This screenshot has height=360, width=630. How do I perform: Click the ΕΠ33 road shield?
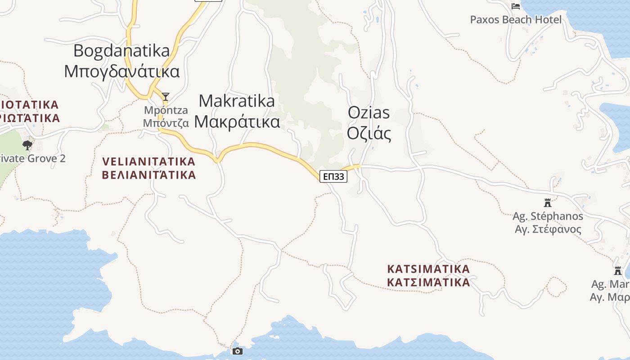tap(333, 176)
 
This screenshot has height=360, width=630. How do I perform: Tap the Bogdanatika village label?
tap(121, 51)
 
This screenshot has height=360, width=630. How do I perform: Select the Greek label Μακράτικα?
tap(237, 122)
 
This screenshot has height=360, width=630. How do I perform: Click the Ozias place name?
tap(369, 113)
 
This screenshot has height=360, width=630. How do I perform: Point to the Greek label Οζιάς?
tap(369, 134)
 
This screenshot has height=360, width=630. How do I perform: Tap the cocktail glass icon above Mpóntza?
tap(166, 96)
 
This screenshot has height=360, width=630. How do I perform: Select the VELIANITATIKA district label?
tap(149, 161)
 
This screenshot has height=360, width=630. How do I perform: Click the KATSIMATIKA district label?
tap(428, 269)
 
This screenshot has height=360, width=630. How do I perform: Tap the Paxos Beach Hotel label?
tap(516, 20)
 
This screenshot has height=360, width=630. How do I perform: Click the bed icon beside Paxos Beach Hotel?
tap(516, 6)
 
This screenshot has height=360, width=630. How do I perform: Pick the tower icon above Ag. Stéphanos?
tap(548, 202)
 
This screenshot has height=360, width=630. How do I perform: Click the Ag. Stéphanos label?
tap(548, 216)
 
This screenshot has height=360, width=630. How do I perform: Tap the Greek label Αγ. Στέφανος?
tap(548, 229)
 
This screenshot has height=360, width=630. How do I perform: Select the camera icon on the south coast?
tap(238, 351)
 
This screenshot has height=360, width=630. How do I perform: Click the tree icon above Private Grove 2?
tap(27, 145)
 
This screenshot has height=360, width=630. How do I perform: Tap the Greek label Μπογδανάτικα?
tap(121, 72)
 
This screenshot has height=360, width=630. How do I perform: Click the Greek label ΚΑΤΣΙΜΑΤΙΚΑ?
tap(428, 283)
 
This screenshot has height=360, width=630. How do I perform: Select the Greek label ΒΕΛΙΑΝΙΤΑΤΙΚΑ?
tap(149, 175)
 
